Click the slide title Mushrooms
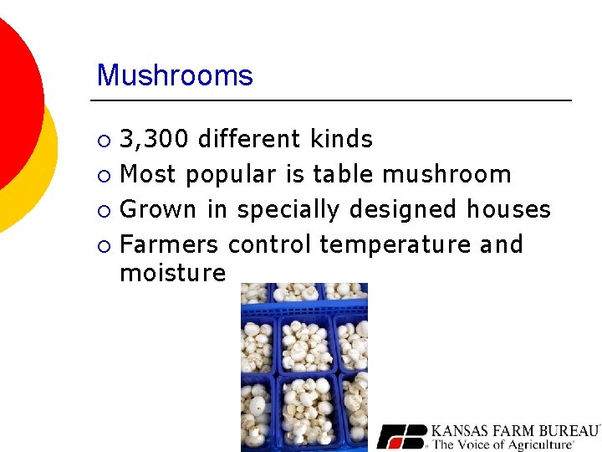point(175,75)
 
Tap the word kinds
point(341,139)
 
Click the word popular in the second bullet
point(230,175)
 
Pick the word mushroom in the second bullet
point(446,174)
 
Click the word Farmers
point(170,244)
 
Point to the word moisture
point(173,273)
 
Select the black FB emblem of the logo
point(401,436)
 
